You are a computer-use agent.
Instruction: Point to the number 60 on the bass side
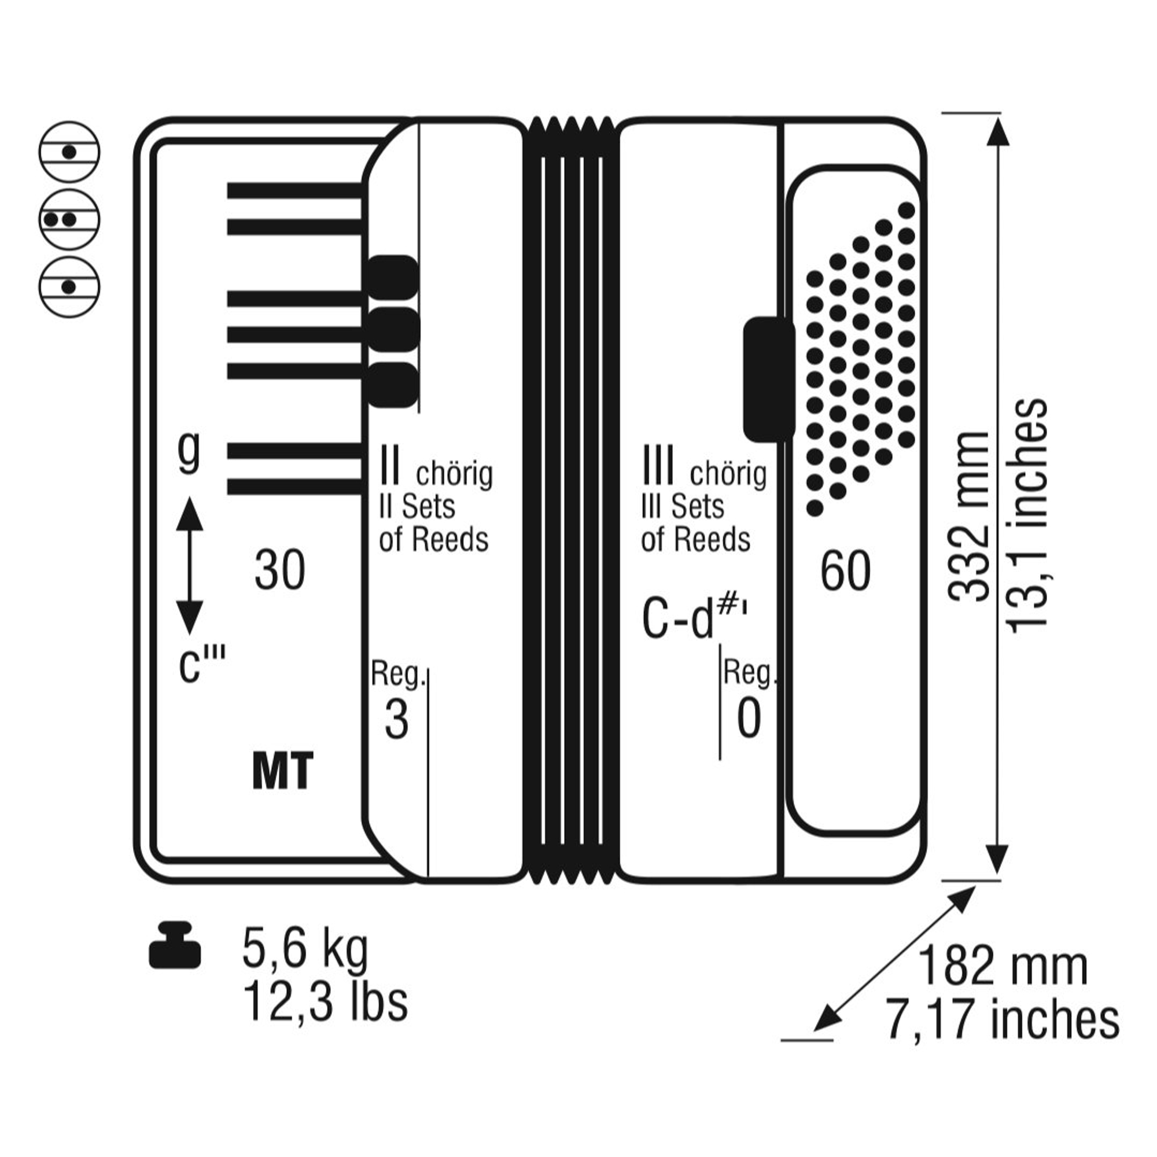[x=845, y=571]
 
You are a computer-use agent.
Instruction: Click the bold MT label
[x=283, y=771]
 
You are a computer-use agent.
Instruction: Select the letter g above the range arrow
[x=189, y=452]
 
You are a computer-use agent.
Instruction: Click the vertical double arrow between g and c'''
[x=190, y=566]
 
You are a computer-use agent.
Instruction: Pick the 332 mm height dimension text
[x=967, y=516]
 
